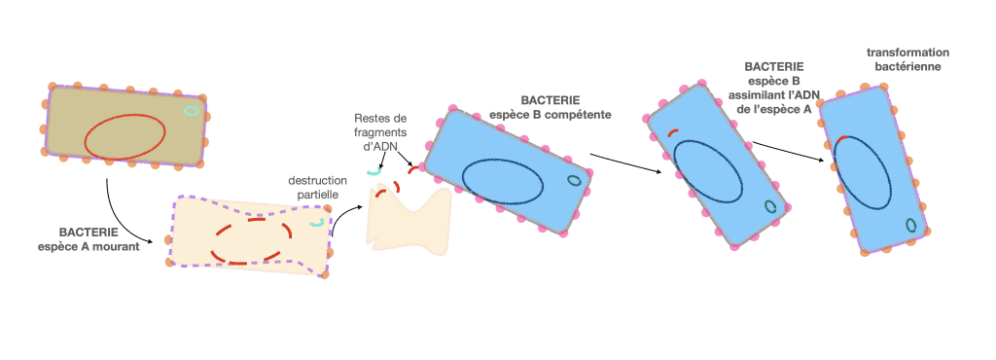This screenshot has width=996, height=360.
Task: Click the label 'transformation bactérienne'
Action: [907, 59]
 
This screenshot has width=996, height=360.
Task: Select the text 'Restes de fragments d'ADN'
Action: [380, 131]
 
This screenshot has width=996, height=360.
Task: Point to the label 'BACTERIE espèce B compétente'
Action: [551, 108]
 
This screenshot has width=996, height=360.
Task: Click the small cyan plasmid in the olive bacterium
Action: [191, 111]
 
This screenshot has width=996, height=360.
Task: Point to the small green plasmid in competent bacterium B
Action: [574, 180]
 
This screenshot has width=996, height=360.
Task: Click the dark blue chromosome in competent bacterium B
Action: [502, 180]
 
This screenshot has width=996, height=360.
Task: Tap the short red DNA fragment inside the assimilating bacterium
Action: [673, 132]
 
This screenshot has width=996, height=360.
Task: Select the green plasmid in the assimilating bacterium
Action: [770, 206]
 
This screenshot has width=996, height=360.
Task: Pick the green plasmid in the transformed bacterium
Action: [910, 225]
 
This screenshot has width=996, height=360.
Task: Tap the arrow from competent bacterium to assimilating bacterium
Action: [625, 162]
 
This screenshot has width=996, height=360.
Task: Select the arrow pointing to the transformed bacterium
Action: [788, 152]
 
